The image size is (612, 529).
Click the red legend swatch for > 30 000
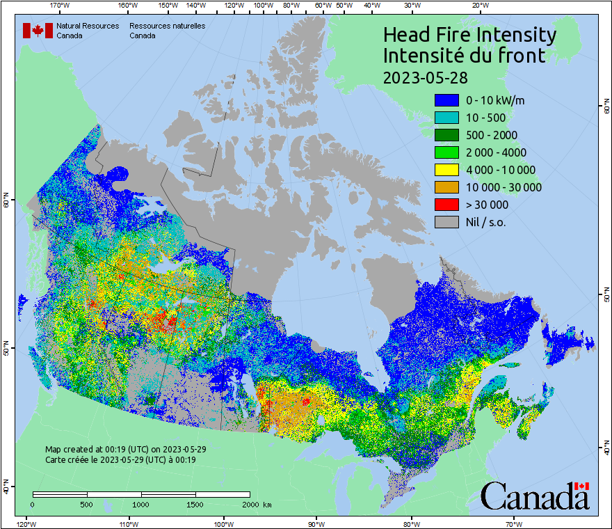[446, 205]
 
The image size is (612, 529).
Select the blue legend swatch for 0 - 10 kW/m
[446, 100]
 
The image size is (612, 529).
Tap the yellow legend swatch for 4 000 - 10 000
[446, 170]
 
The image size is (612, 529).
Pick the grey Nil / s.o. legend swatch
[446, 222]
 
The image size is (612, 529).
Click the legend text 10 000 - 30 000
[504, 187]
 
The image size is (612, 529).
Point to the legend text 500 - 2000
[492, 135]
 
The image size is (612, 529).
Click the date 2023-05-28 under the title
[424, 77]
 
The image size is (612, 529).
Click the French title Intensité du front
[465, 56]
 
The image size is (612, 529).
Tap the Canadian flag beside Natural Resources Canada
[38, 31]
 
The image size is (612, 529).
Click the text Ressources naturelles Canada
[167, 31]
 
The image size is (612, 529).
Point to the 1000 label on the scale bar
[141, 504]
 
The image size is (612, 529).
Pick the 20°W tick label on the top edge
[479, 6]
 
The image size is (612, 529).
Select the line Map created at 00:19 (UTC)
[125, 450]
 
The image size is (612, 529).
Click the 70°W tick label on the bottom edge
[513, 523]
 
